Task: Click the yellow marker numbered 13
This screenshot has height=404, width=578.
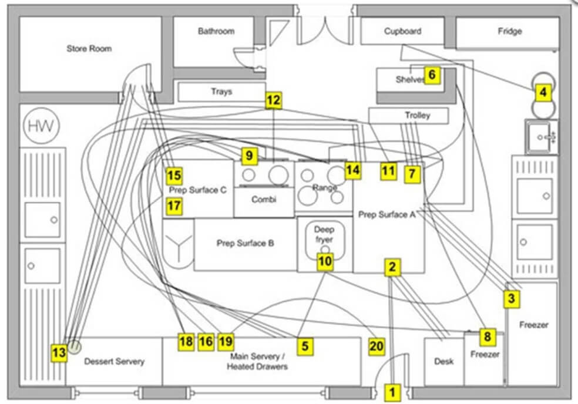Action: [x=59, y=352]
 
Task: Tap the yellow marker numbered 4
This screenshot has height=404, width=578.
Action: [x=543, y=92]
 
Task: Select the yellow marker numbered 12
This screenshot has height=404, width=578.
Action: [x=273, y=100]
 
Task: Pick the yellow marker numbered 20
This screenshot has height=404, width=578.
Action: [x=377, y=347]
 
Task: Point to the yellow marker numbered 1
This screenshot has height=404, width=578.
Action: [x=393, y=390]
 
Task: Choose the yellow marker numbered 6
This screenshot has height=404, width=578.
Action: [x=432, y=75]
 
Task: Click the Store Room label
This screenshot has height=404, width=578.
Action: [x=89, y=49]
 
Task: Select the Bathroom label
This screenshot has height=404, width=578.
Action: [x=216, y=31]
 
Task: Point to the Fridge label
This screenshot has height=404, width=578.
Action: [x=509, y=31]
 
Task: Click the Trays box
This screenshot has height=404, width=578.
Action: [x=221, y=92]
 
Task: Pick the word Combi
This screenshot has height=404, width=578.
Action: [x=264, y=200]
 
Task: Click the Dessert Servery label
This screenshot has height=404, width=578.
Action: [x=113, y=361]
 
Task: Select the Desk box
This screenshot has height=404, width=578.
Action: [x=443, y=362]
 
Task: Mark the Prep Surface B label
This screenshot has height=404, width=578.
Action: [x=245, y=243]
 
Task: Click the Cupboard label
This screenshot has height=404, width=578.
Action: [x=402, y=31]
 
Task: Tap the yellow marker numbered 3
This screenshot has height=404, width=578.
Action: [x=512, y=298]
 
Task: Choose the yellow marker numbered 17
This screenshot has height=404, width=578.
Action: [x=174, y=206]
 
